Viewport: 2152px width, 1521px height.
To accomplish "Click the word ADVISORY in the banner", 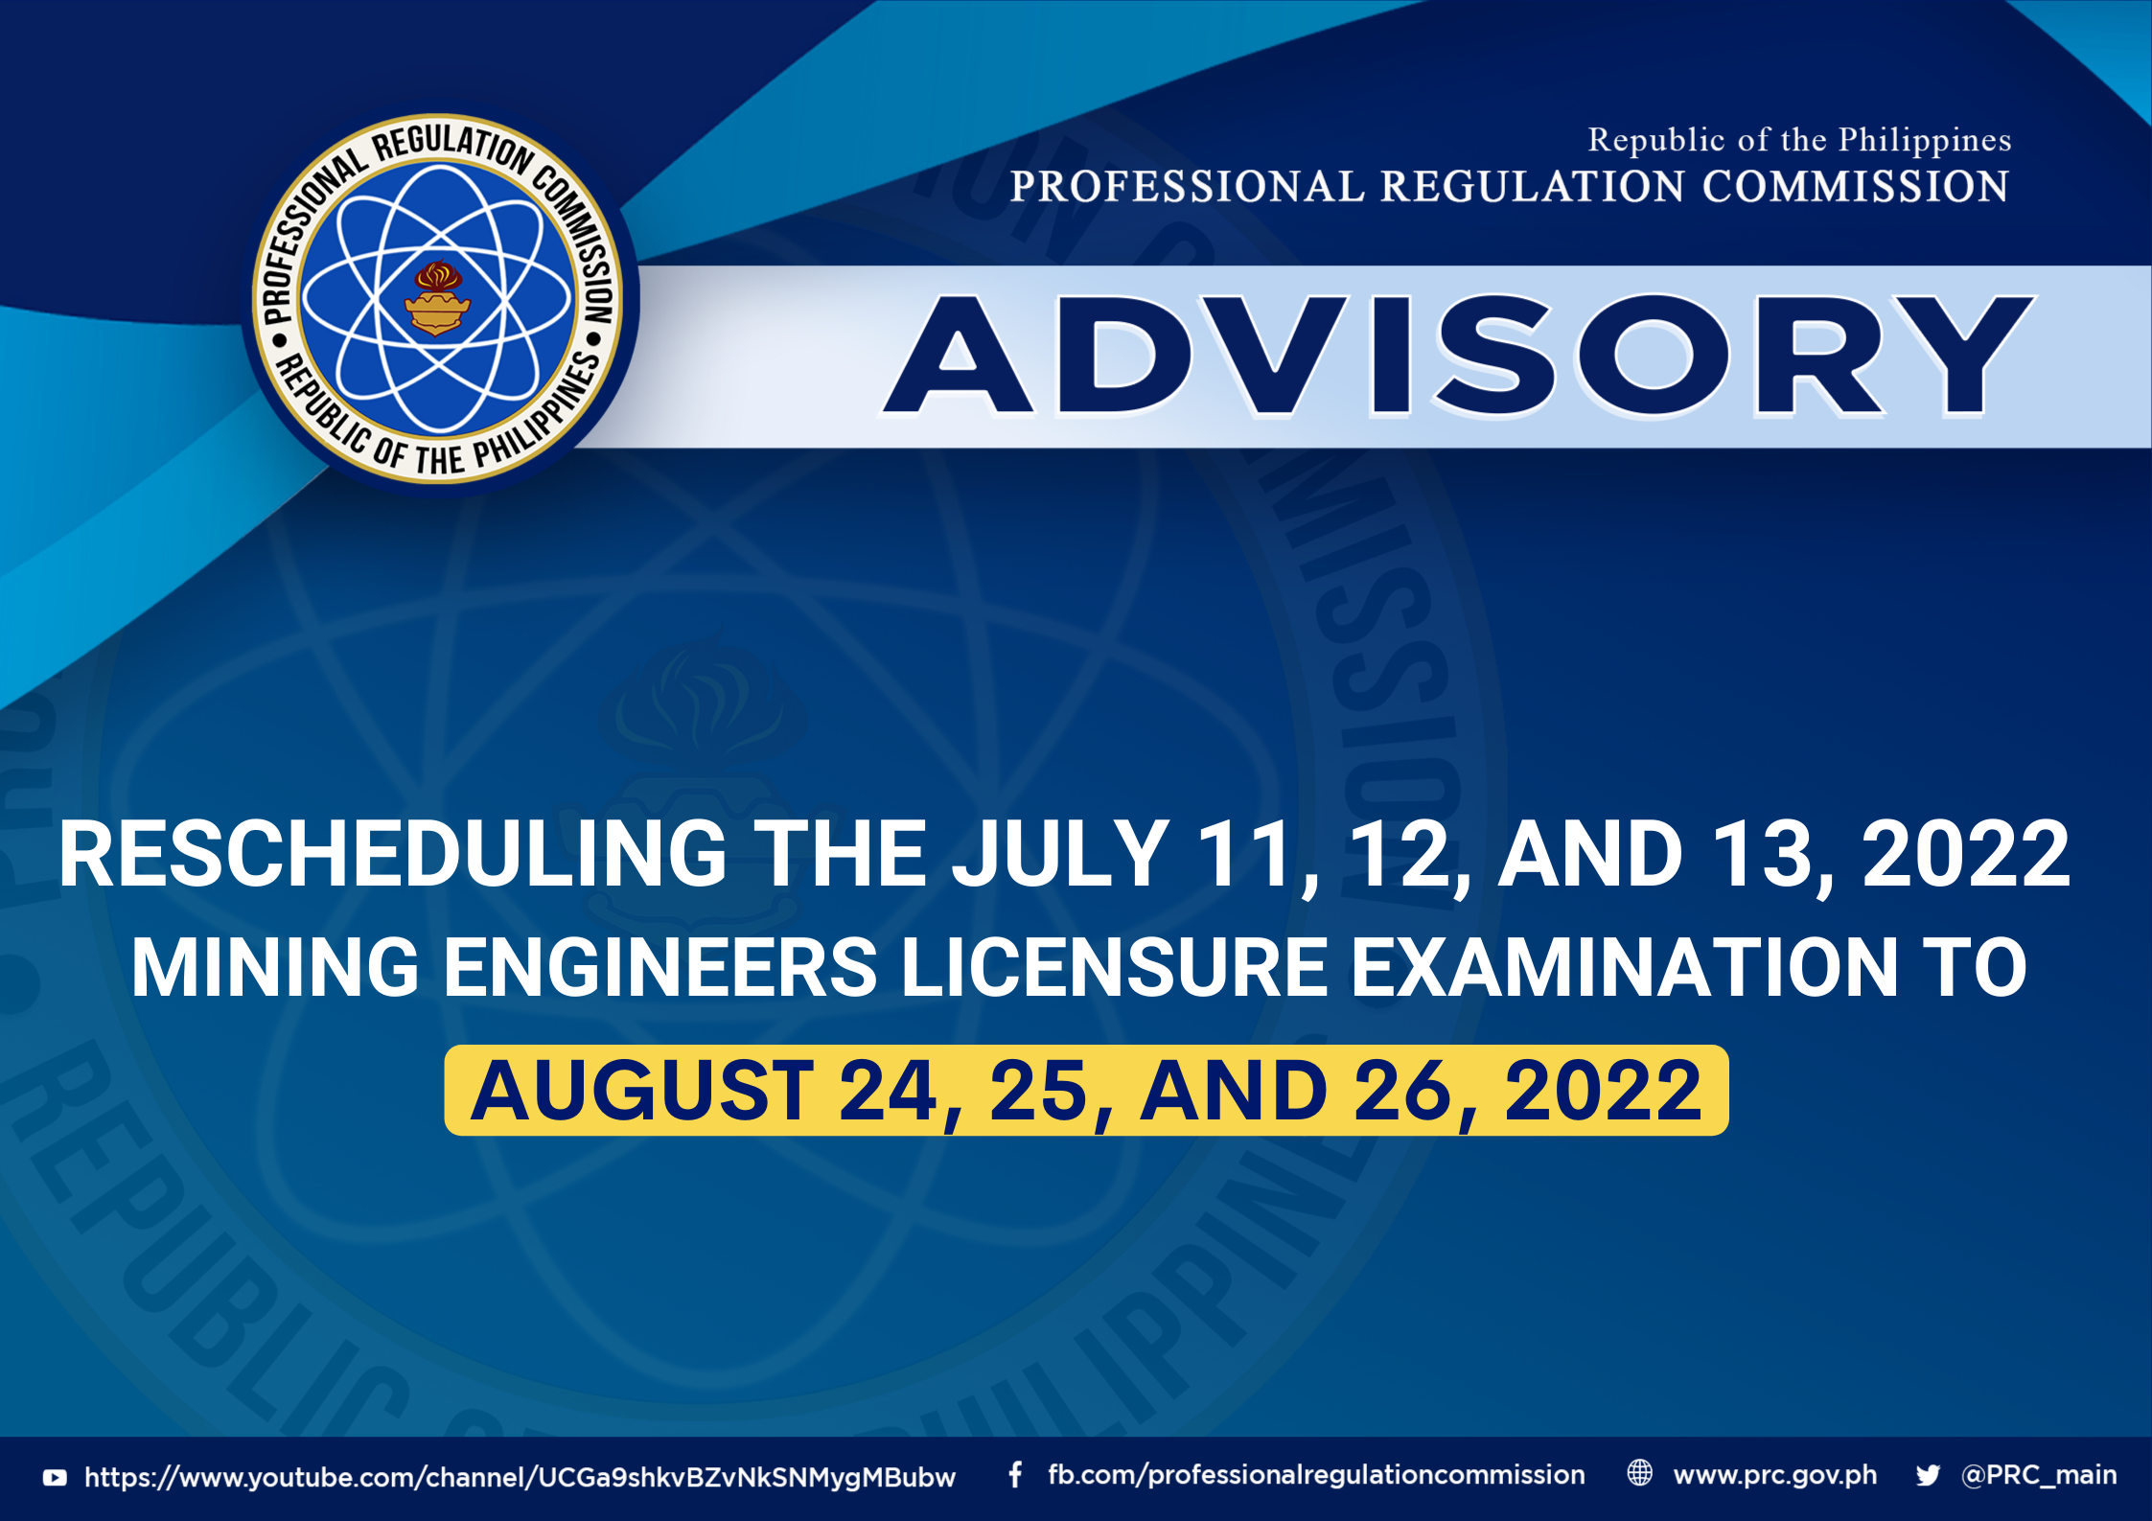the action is click(x=1458, y=356).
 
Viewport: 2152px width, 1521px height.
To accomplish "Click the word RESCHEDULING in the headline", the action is click(x=393, y=854).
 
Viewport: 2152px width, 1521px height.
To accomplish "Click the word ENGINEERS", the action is click(x=660, y=968).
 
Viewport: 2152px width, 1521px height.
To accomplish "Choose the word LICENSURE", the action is click(x=1115, y=968).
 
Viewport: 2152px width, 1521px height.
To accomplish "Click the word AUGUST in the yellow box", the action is click(x=643, y=1091).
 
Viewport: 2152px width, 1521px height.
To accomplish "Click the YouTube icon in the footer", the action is click(x=55, y=1478).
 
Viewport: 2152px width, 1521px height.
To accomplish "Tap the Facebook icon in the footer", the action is click(x=1015, y=1475).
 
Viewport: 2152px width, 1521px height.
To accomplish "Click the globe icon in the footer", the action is click(x=1640, y=1473).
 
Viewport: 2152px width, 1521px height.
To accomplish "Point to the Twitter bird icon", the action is click(x=1928, y=1475).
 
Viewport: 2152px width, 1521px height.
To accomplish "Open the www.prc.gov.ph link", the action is click(x=1775, y=1475).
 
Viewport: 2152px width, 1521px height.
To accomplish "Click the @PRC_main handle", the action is click(x=2039, y=1475).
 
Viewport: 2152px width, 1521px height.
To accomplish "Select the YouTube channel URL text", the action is click(x=520, y=1478).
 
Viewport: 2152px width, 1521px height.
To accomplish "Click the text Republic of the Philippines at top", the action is click(x=1799, y=140).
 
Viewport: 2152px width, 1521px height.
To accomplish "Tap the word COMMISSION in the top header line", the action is click(x=1856, y=186).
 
